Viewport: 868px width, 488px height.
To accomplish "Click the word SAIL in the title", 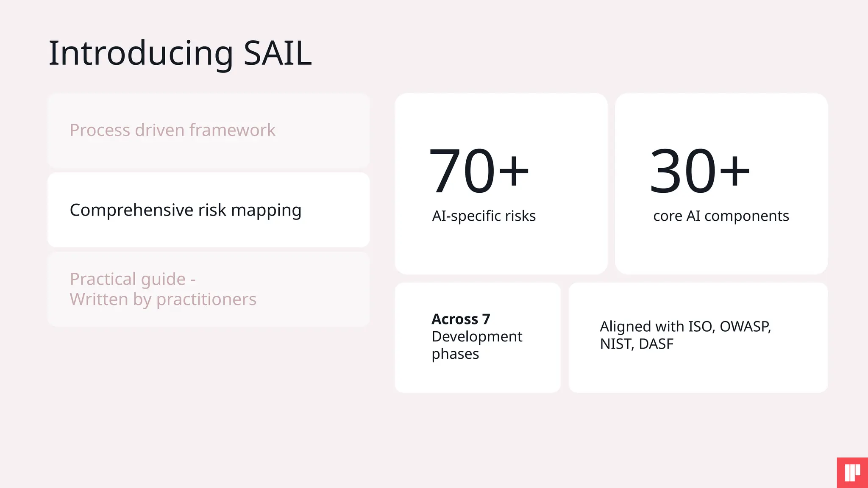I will coord(278,53).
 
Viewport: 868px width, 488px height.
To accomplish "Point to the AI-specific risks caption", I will coord(484,216).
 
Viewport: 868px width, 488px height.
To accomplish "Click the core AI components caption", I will coord(721,216).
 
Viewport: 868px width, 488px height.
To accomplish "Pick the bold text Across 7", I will coord(461,319).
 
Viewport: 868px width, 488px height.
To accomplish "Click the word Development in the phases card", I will coord(477,336).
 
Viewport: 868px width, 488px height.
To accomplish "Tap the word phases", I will coord(455,354).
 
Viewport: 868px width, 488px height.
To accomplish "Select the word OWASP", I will coord(745,327).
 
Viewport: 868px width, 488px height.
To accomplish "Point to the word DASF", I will coord(656,344).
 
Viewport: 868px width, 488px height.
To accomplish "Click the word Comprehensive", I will coord(132,210).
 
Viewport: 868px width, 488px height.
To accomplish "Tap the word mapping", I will coord(266,210).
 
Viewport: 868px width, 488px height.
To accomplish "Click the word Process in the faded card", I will coord(100,130).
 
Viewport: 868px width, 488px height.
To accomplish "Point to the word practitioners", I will coord(206,299).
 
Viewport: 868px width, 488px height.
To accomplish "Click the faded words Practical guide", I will coord(128,279).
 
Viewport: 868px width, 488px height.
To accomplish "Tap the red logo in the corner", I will coord(852,473).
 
